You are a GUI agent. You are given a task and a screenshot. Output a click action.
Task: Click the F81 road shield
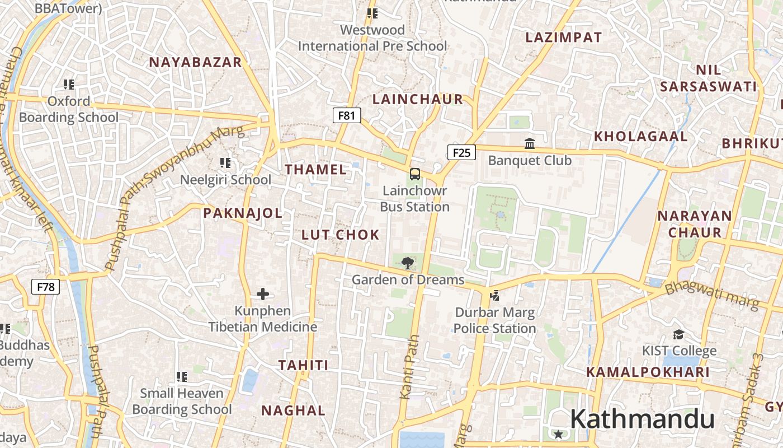347,115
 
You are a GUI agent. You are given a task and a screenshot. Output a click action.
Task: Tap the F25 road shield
461,152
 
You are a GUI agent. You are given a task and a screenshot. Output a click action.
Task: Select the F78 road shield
45,287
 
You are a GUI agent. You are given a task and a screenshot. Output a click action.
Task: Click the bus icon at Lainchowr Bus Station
414,174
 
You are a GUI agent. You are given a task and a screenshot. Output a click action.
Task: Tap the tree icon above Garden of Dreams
408,262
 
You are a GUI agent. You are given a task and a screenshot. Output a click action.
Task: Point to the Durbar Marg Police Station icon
494,295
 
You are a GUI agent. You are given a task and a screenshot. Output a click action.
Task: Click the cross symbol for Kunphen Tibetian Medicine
263,293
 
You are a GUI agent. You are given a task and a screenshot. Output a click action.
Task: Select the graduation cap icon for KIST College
678,334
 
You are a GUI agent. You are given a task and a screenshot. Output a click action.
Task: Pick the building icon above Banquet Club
530,144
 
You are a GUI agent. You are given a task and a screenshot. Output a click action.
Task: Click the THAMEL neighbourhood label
316,170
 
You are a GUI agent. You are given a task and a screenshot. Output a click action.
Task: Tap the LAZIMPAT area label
564,38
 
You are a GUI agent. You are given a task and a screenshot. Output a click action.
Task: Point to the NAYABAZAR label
195,62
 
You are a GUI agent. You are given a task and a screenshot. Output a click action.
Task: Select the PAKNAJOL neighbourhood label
243,213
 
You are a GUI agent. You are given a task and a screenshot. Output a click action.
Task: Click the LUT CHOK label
341,235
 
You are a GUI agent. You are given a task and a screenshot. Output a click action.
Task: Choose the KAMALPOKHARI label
648,372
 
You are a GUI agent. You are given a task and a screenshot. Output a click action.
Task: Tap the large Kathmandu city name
642,419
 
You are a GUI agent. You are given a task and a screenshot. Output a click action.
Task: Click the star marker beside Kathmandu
558,434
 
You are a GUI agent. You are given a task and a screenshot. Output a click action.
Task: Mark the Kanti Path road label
409,367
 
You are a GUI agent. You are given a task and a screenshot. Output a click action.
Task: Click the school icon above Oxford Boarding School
69,85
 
